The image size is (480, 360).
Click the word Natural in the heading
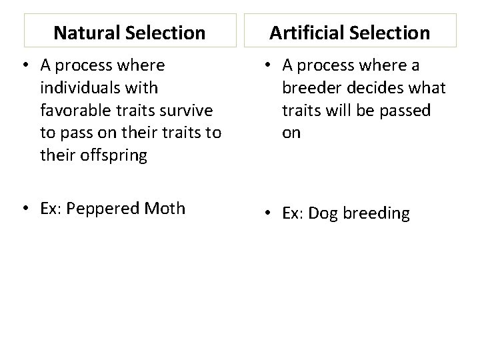(84, 32)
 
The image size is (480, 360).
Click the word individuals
(81, 87)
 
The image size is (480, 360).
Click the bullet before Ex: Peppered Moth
(24, 208)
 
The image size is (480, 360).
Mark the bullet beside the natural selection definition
(24, 65)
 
